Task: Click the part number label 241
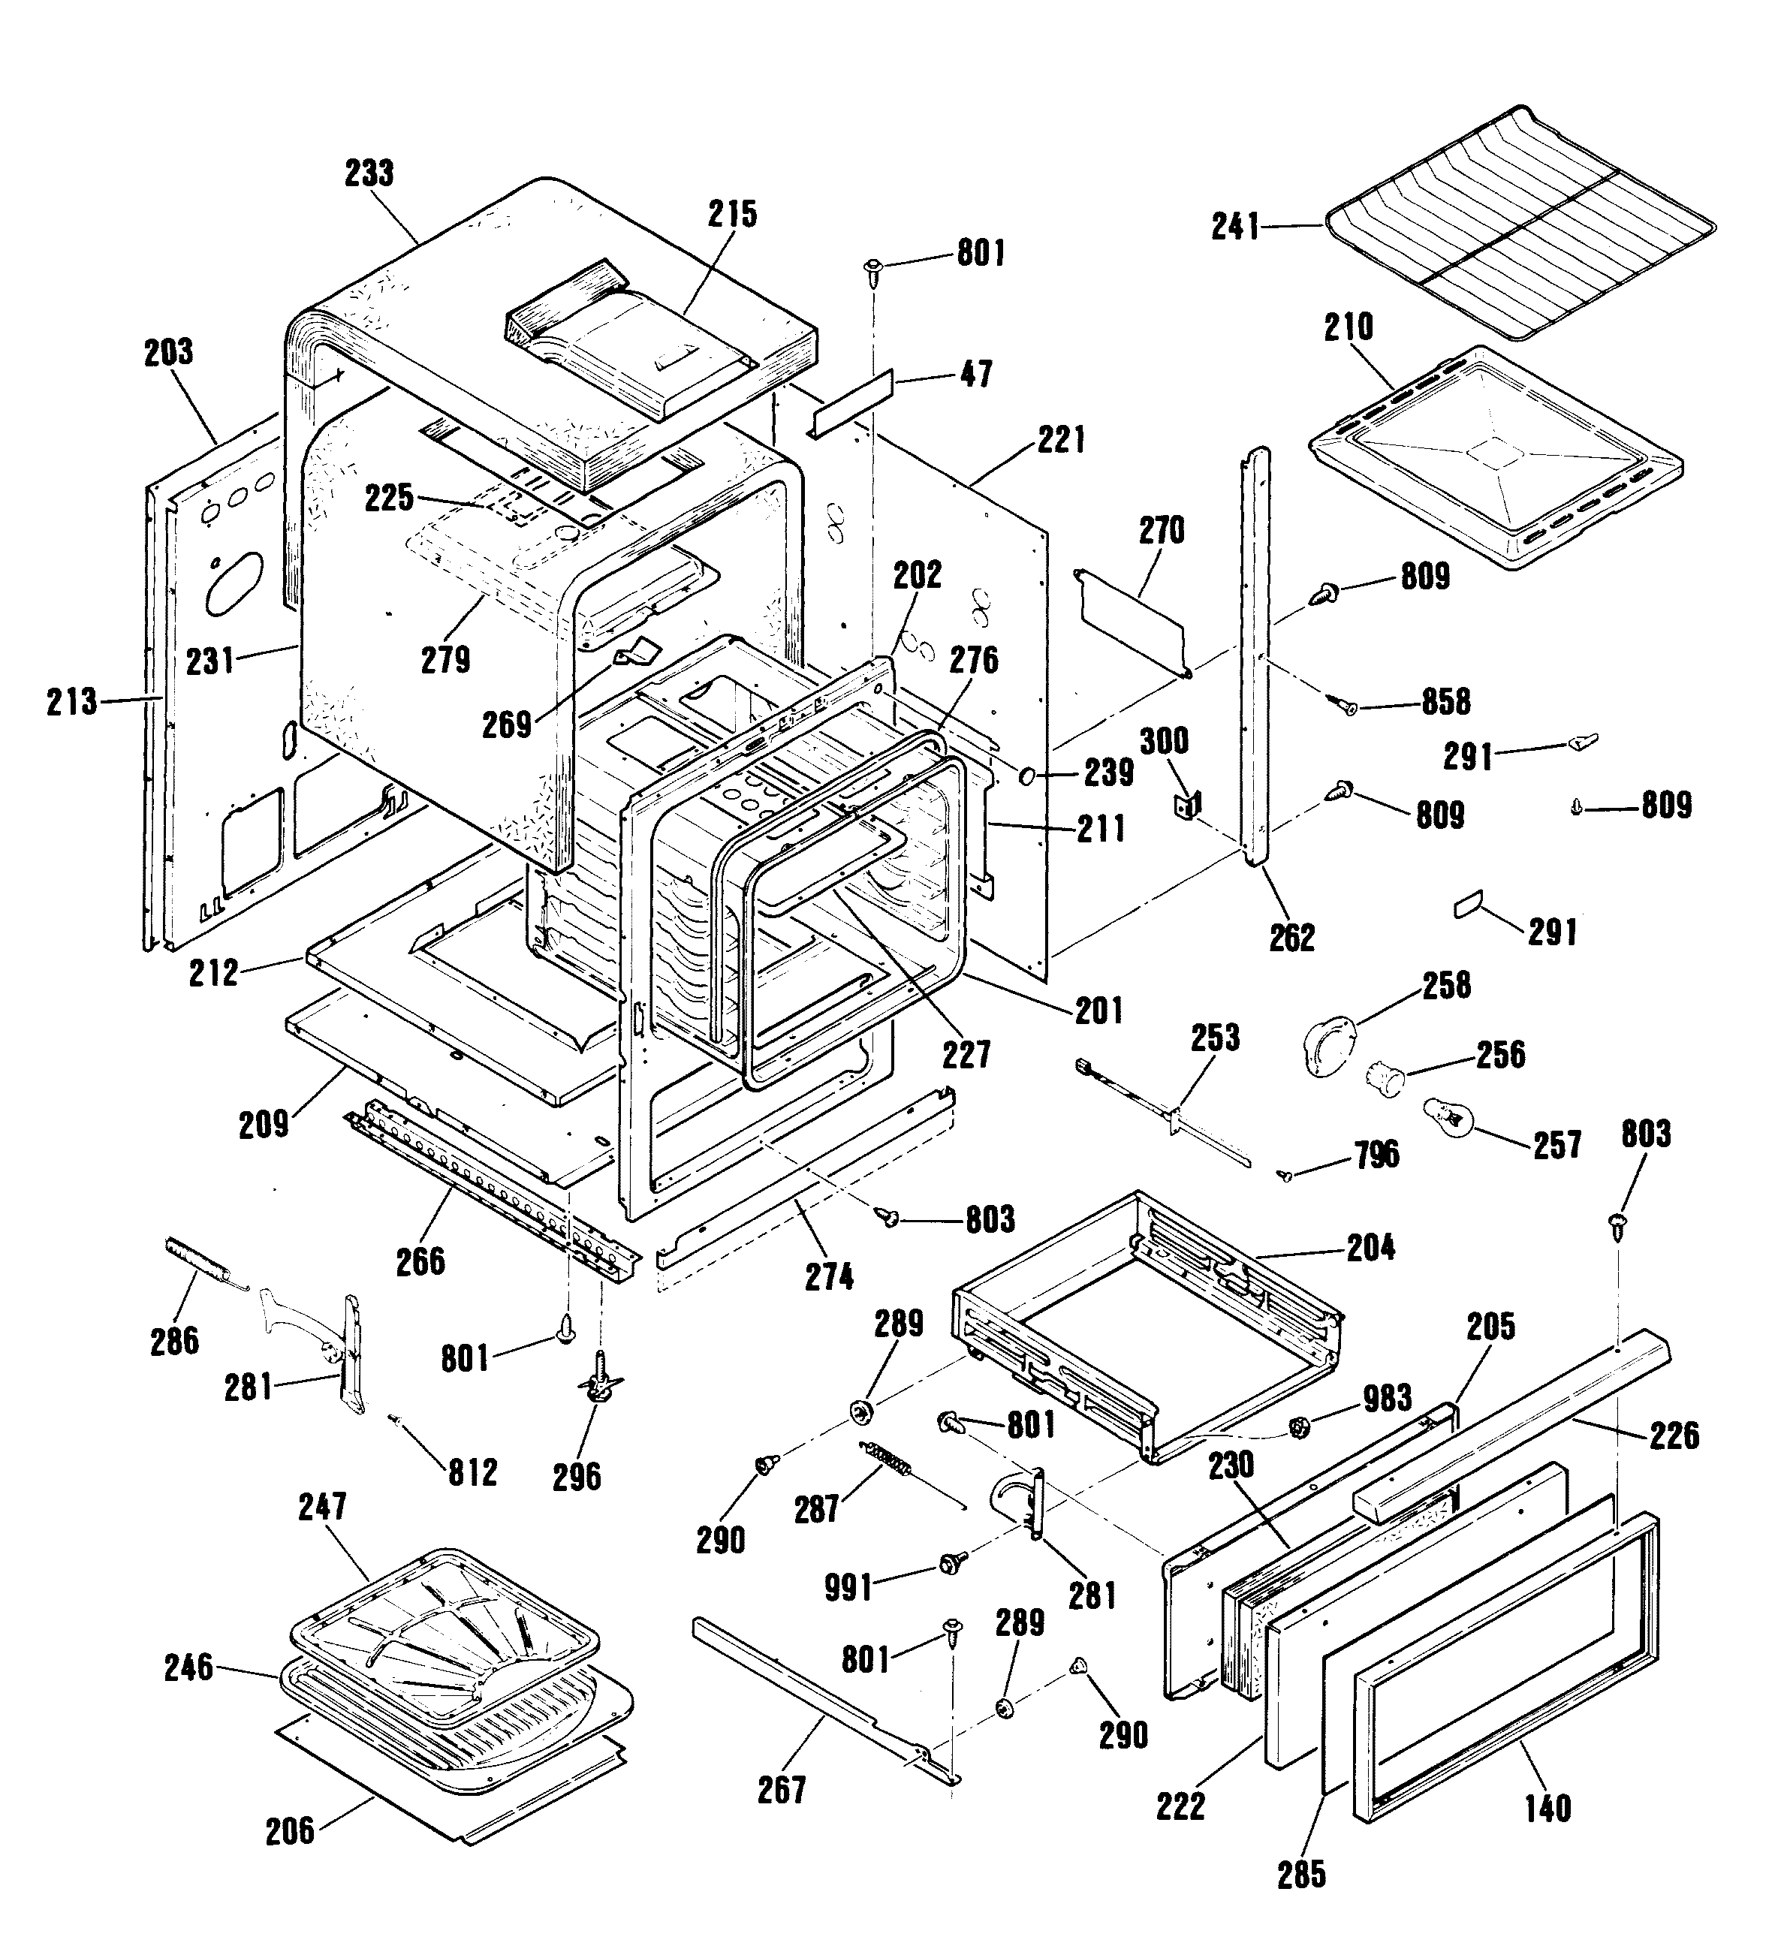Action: point(1236,227)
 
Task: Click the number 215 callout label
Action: point(733,214)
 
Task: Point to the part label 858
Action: point(1445,702)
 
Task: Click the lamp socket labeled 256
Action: point(1384,1074)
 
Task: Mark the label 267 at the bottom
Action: point(781,1790)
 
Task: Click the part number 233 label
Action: point(369,173)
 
